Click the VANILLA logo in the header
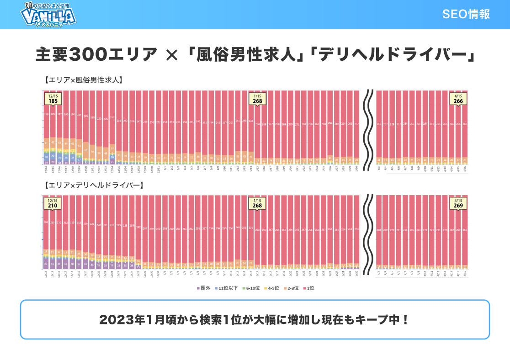pos(48,15)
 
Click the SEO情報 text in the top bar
pos(466,14)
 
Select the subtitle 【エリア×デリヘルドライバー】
pos(94,185)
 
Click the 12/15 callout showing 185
pos(53,99)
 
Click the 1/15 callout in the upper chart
pos(257,99)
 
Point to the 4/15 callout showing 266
pos(458,99)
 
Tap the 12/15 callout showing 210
pos(53,203)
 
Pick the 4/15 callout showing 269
pos(458,203)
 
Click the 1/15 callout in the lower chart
pos(257,203)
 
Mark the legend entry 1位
pos(309,288)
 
